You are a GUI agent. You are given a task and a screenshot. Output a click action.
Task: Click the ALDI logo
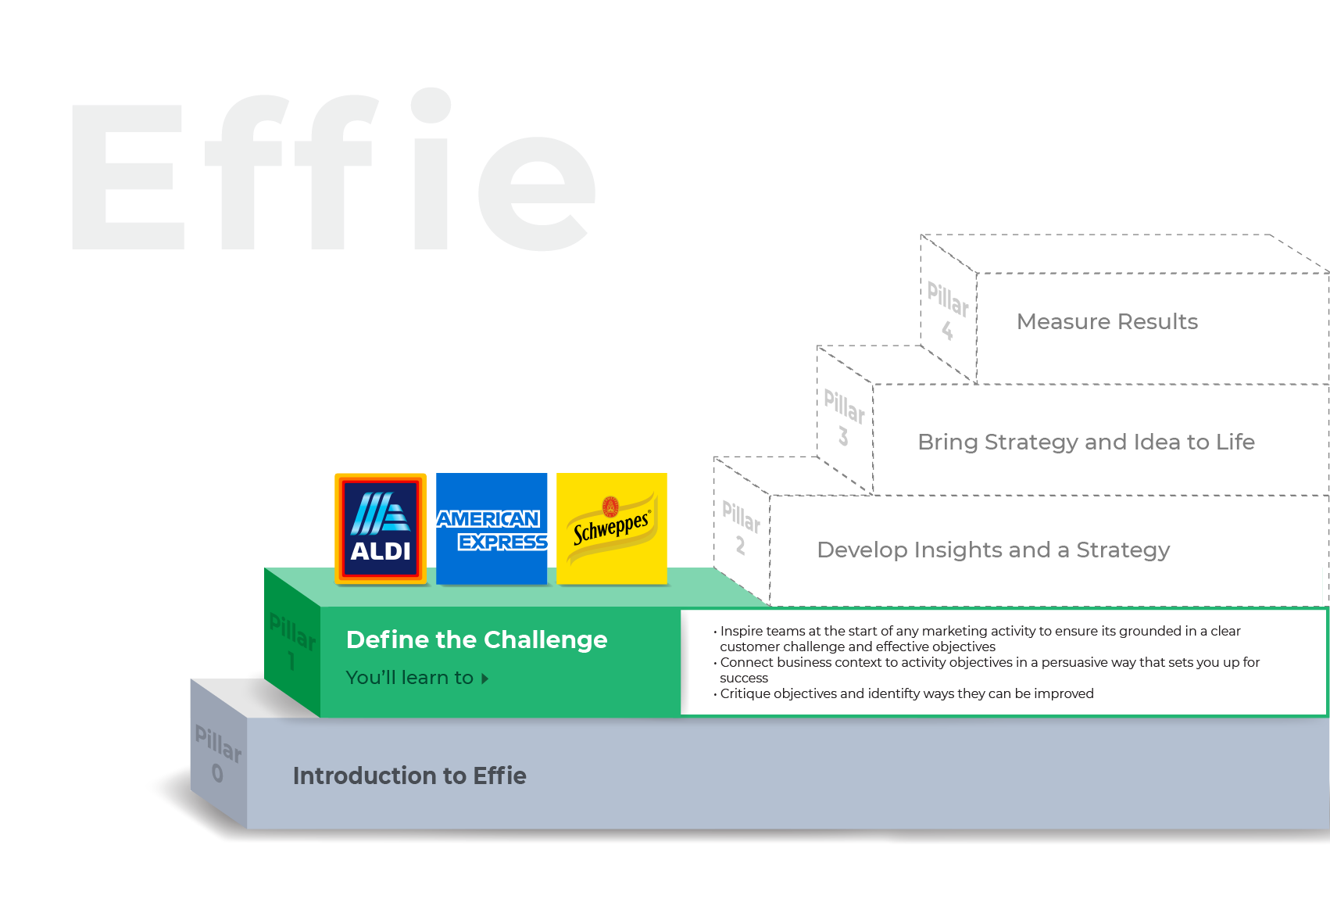click(381, 528)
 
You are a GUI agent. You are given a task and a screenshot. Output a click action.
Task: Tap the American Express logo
click(492, 528)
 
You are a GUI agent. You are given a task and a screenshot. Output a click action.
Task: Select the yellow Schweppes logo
click(612, 528)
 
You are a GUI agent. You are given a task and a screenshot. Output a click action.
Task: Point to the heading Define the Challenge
click(477, 639)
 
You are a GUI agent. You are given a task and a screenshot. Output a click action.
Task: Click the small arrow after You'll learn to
click(485, 679)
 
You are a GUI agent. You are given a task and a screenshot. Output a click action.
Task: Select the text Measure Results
click(1107, 321)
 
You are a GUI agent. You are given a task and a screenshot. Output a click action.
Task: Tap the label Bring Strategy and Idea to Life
click(1085, 442)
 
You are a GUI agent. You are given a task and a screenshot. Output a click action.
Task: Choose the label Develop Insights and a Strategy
click(992, 550)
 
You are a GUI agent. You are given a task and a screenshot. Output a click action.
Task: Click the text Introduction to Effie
click(409, 775)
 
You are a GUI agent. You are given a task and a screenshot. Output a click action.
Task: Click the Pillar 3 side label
click(844, 417)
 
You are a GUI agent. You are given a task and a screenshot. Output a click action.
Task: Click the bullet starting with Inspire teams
click(980, 638)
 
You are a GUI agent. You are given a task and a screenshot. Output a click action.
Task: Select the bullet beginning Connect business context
click(989, 669)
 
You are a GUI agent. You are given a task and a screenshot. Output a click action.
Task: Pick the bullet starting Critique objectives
click(906, 693)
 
